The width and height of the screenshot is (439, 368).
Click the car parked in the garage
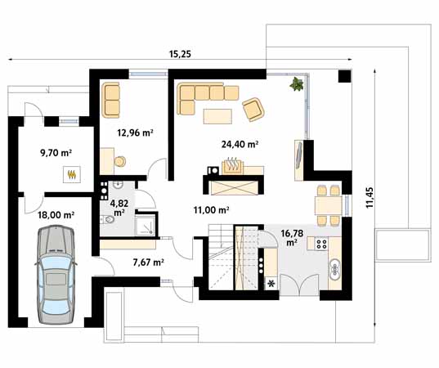[x=56, y=275]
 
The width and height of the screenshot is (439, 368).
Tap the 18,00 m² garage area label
[x=56, y=215]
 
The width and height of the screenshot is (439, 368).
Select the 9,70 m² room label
[x=56, y=153]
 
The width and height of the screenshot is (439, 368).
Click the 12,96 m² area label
[x=135, y=132]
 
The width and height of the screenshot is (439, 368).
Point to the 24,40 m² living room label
[x=240, y=144]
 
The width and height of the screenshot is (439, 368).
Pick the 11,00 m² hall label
[x=212, y=210]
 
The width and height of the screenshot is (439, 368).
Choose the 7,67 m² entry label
[x=149, y=263]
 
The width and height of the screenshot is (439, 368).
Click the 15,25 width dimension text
[x=180, y=54]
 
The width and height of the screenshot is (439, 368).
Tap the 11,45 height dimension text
[x=370, y=198]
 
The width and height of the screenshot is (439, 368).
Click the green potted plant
[x=297, y=84]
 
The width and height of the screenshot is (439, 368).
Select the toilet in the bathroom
[x=107, y=219]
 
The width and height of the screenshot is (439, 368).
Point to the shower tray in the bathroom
[x=145, y=225]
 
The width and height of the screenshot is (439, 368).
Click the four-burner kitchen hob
[x=321, y=244]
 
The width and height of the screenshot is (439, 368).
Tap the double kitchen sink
[x=334, y=269]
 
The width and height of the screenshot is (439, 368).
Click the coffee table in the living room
[x=217, y=116]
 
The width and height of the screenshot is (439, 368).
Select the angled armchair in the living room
[x=253, y=110]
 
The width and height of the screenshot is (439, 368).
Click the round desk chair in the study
[x=120, y=161]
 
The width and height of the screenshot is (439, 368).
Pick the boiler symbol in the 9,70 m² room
[x=72, y=174]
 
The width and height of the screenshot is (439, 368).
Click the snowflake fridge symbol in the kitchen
[x=271, y=284]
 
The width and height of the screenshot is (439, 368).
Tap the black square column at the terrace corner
[x=345, y=76]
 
